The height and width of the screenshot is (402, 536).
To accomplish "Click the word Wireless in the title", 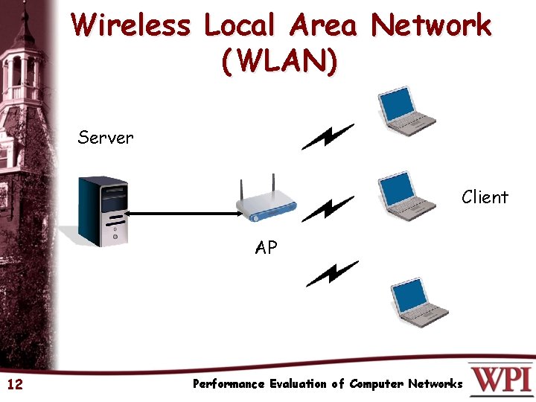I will click(131, 25).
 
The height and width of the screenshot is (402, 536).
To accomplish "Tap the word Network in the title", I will click(432, 25).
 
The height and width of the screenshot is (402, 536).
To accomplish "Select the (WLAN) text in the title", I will click(279, 61).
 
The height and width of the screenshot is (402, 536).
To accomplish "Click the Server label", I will click(106, 137).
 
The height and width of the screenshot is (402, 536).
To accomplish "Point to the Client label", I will click(485, 197).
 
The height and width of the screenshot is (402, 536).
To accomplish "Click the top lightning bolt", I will click(328, 137).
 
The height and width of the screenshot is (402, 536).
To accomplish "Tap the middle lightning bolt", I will click(328, 209).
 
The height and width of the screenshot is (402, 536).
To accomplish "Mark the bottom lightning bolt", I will click(331, 273).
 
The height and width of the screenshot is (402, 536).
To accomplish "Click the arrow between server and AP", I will click(182, 214).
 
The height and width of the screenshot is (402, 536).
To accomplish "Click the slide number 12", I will click(14, 384).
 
